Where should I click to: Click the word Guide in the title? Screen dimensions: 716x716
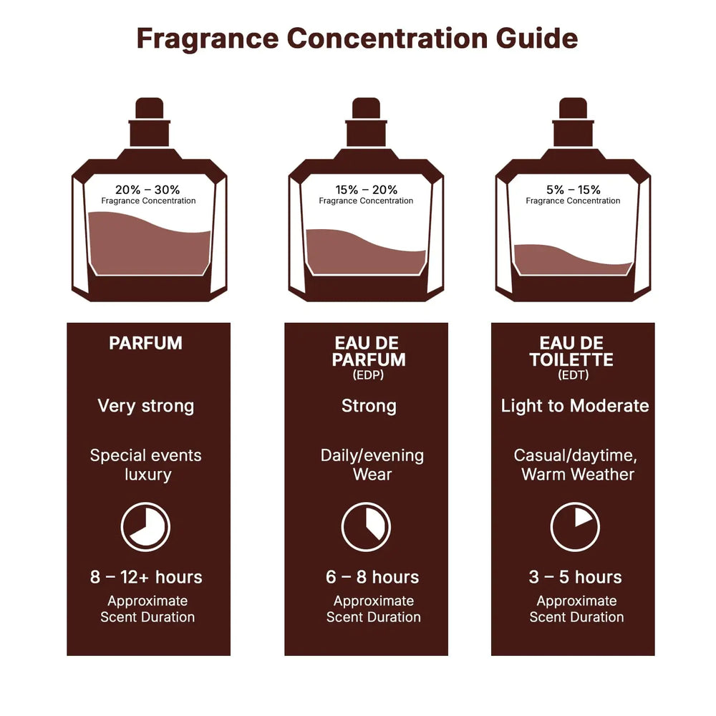click(x=537, y=39)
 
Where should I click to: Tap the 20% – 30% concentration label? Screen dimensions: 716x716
click(x=147, y=190)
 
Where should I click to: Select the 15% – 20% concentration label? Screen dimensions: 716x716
click(x=366, y=190)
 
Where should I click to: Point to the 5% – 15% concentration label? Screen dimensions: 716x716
click(x=573, y=190)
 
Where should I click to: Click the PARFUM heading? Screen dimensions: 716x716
click(x=145, y=343)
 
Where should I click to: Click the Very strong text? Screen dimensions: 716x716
click(x=145, y=406)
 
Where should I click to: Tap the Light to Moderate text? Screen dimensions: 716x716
click(x=574, y=406)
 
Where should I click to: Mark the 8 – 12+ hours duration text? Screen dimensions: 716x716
click(x=146, y=577)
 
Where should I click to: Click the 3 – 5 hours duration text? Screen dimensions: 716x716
click(x=575, y=577)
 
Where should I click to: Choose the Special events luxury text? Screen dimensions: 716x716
click(x=146, y=465)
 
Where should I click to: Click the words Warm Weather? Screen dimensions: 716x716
click(x=577, y=474)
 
